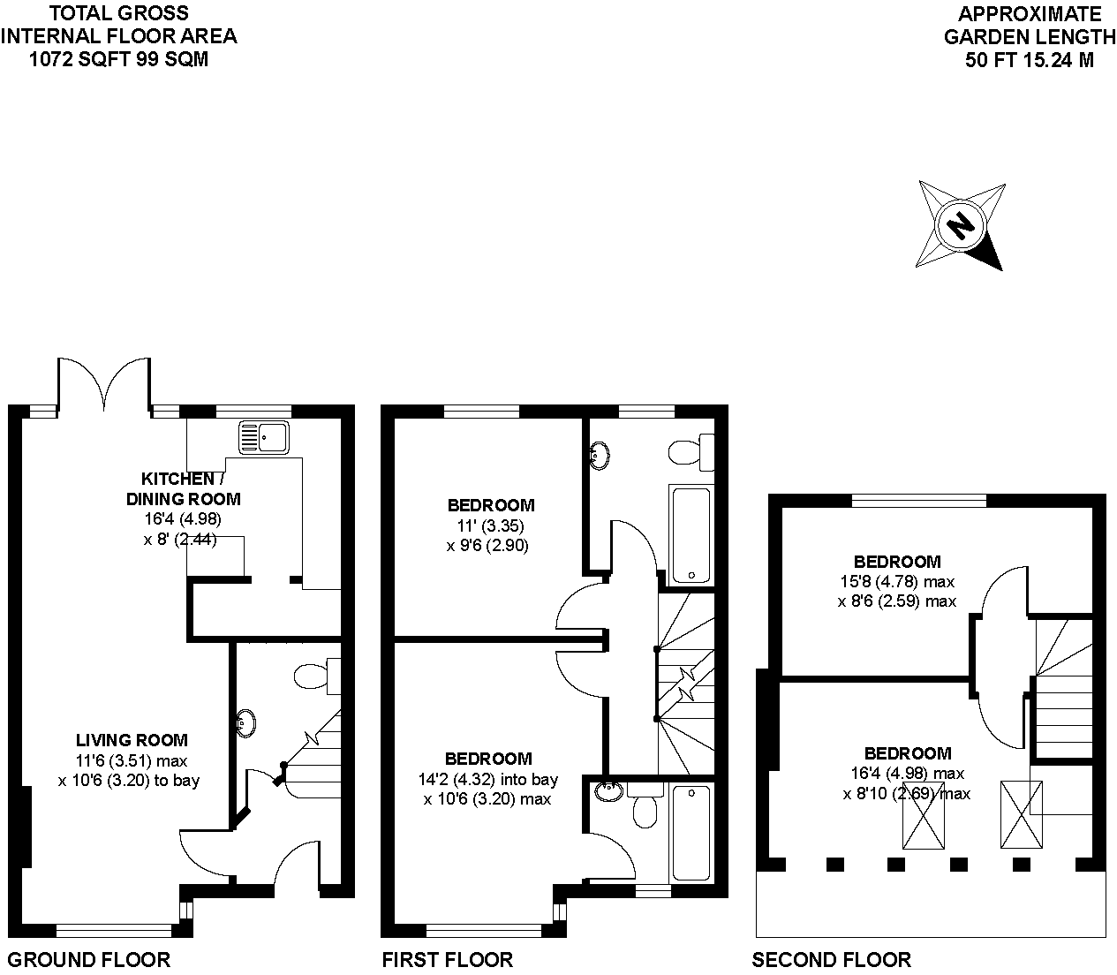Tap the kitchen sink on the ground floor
tap(263, 436)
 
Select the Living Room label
tap(132, 740)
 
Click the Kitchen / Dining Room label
tap(182, 488)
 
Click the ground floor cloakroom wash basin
tap(246, 723)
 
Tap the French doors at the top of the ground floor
tap(104, 382)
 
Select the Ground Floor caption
tap(88, 959)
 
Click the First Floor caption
tap(447, 959)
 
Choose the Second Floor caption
tap(831, 959)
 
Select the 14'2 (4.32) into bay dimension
tap(488, 779)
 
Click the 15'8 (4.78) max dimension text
tap(896, 582)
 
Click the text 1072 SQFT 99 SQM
tap(119, 60)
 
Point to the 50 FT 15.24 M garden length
tap(1030, 60)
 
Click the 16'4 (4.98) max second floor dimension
tap(907, 774)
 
